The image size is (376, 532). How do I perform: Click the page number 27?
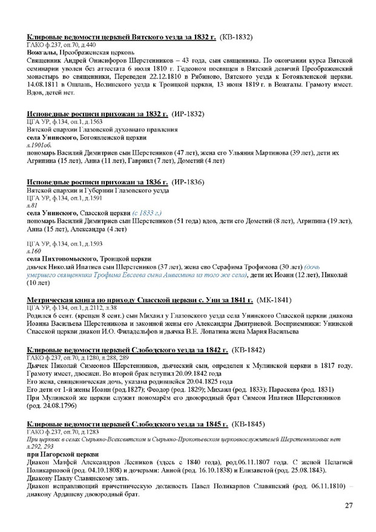(x=349, y=506)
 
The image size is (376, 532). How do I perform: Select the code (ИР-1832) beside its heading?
(x=185, y=113)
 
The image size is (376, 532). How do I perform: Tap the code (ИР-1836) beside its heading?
(x=185, y=182)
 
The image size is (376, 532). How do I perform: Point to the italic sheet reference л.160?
(x=32, y=249)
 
